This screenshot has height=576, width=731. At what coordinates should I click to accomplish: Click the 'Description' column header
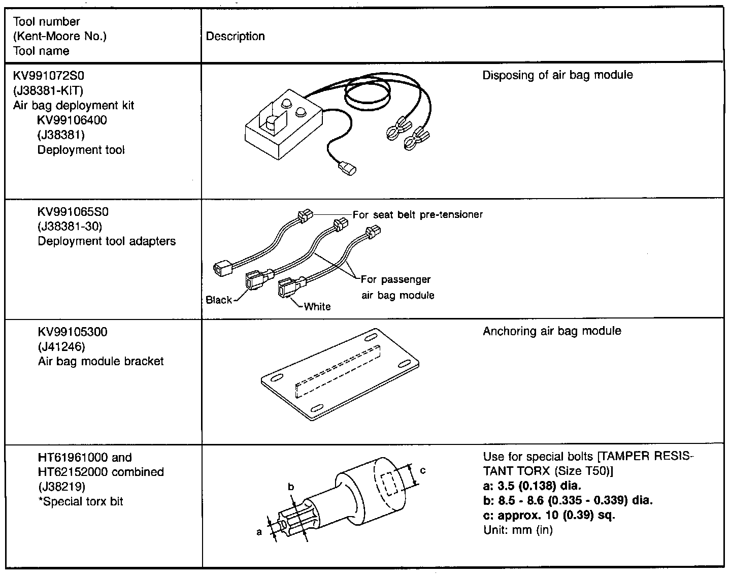pos(236,37)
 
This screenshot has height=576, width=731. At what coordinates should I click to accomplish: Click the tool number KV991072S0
pos(48,76)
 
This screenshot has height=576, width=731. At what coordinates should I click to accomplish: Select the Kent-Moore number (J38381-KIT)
pos(48,91)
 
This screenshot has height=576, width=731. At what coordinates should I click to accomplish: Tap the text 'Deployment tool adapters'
pos(107,241)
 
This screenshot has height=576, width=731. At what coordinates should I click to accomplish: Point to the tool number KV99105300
pos(73,332)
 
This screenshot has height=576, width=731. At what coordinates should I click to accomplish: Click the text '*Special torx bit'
pos(81,502)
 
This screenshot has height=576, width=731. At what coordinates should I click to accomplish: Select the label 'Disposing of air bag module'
pos(557,75)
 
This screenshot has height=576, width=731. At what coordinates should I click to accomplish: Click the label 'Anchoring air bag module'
pos(552,331)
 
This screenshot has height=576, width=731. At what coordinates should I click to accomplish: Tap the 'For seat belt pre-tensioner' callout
pos(417,214)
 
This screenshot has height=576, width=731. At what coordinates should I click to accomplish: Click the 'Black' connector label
pos(219,300)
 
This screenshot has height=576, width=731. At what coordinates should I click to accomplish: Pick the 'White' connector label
pos(317,306)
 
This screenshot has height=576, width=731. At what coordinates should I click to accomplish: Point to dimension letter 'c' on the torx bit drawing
pos(423,470)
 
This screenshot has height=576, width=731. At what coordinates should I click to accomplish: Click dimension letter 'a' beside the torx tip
pos(259,532)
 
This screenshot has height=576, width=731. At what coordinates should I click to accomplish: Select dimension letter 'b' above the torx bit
pos(291,487)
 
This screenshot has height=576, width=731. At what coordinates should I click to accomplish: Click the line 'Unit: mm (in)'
pos(518,530)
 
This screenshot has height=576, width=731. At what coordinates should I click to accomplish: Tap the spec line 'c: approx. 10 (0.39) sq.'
pos(549,515)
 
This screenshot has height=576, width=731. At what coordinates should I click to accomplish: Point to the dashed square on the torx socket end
pos(390,484)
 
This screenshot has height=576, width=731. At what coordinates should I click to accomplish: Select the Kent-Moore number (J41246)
pos(61,347)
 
